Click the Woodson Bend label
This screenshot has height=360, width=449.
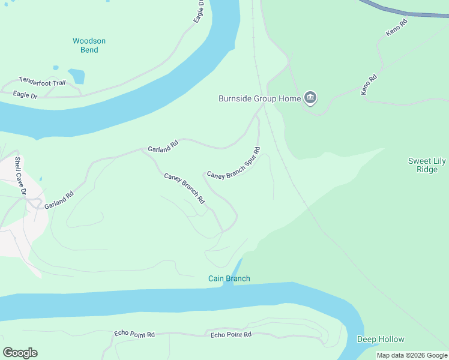[89, 46]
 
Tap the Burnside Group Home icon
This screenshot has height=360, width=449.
[310, 98]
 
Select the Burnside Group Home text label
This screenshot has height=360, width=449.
[259, 98]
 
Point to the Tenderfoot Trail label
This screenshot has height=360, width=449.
[42, 81]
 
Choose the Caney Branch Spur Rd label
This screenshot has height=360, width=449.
[234, 163]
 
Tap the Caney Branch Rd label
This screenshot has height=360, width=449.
[185, 187]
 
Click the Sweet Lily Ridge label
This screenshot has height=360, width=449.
[427, 165]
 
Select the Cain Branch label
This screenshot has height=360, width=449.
[229, 278]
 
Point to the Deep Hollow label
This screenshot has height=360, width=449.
[381, 340]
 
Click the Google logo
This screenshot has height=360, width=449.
[20, 352]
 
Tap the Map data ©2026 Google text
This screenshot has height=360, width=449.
[412, 355]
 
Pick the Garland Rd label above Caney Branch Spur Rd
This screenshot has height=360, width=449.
[163, 145]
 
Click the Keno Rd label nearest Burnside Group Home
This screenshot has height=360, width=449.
[368, 85]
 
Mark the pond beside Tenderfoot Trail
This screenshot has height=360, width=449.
[76, 76]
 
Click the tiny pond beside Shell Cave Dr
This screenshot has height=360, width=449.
[40, 179]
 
